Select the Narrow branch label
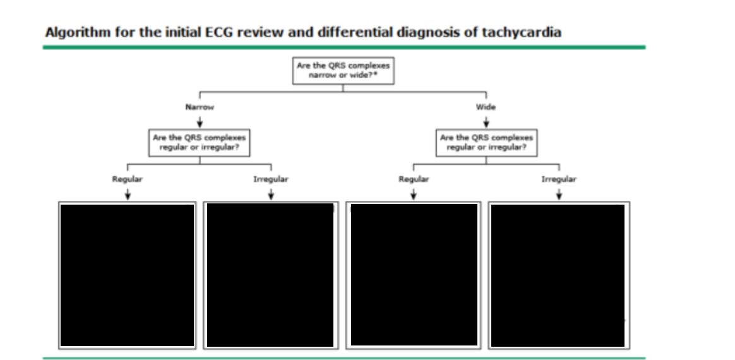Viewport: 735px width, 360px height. tap(200, 107)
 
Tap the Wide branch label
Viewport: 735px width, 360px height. tap(486, 107)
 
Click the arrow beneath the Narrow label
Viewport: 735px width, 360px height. tap(200, 121)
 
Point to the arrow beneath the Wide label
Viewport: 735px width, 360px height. tap(486, 121)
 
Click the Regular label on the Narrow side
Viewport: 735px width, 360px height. tap(128, 179)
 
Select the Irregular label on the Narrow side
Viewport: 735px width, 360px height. tap(271, 179)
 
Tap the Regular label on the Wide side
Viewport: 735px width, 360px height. tap(414, 179)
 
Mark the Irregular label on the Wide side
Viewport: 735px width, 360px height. tap(559, 179)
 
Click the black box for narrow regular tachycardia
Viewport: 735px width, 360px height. tap(127, 275)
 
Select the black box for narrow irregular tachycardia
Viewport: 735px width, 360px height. tap(271, 275)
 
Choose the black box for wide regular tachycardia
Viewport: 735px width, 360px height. tap(414, 275)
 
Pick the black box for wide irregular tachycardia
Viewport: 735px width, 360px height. tap(559, 275)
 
